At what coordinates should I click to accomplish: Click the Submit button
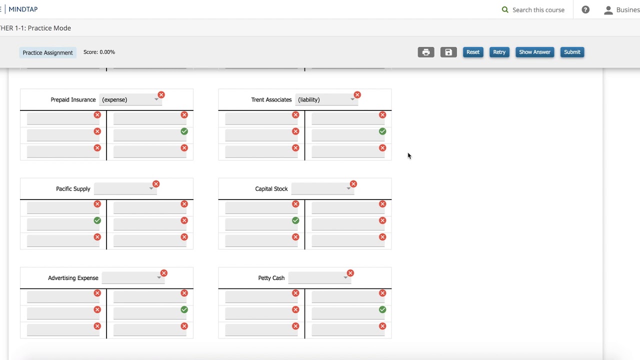[572, 52]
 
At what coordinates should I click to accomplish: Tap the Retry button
[499, 52]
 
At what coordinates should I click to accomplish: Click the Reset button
[473, 52]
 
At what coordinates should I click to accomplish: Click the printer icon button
[425, 52]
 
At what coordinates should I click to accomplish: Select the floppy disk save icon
[448, 52]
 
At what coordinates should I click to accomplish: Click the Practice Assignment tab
[47, 52]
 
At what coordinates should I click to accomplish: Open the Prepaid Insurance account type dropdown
[130, 99]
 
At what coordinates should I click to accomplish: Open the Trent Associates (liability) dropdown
[326, 99]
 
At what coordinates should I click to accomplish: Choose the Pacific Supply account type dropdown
[125, 189]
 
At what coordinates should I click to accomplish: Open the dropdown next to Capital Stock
[322, 189]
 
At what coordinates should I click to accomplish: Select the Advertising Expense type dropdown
[133, 278]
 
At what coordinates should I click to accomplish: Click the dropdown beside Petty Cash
[319, 278]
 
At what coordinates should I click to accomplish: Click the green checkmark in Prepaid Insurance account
[184, 131]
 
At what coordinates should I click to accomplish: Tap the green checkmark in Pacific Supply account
[97, 220]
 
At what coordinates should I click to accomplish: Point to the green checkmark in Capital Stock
[295, 220]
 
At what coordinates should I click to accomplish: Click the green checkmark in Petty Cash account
[382, 309]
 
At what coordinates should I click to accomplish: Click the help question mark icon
[585, 9]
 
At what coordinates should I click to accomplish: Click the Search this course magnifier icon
[505, 9]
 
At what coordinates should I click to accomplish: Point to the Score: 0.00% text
[99, 52]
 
